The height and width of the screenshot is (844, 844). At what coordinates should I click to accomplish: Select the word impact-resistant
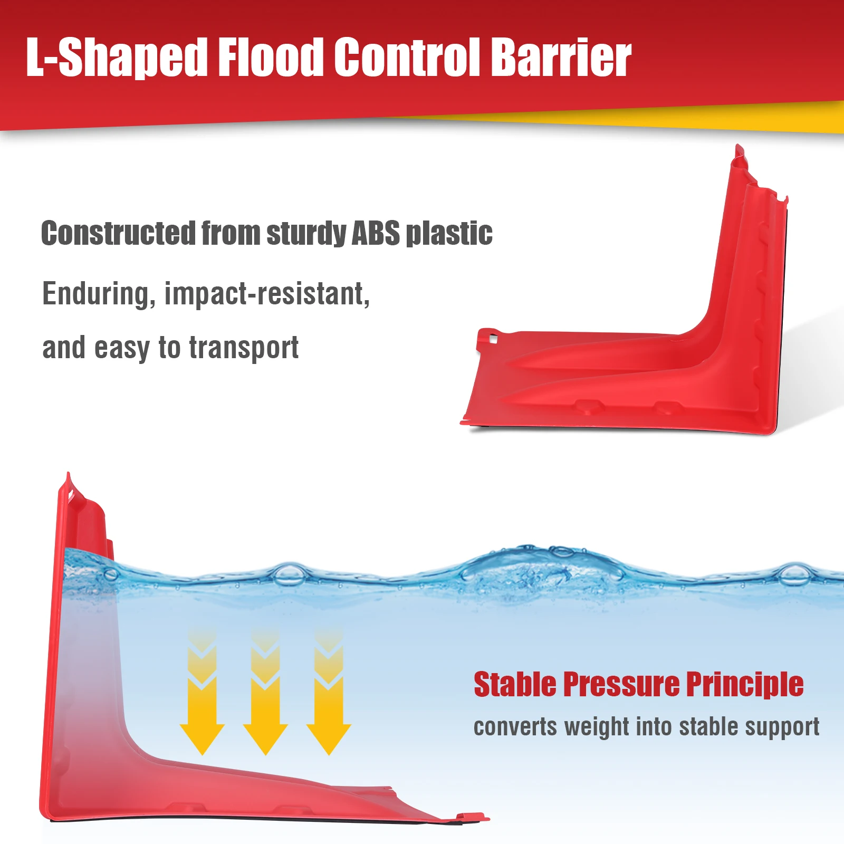tap(267, 294)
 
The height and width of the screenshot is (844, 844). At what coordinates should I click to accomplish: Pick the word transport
tap(244, 348)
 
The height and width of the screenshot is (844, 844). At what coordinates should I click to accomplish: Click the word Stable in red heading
tap(515, 684)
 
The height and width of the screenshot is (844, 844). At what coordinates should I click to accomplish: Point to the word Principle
tap(745, 684)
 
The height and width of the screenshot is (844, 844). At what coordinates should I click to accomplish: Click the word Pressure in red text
tap(621, 684)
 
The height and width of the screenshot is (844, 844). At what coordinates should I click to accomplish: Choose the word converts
tap(515, 727)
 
